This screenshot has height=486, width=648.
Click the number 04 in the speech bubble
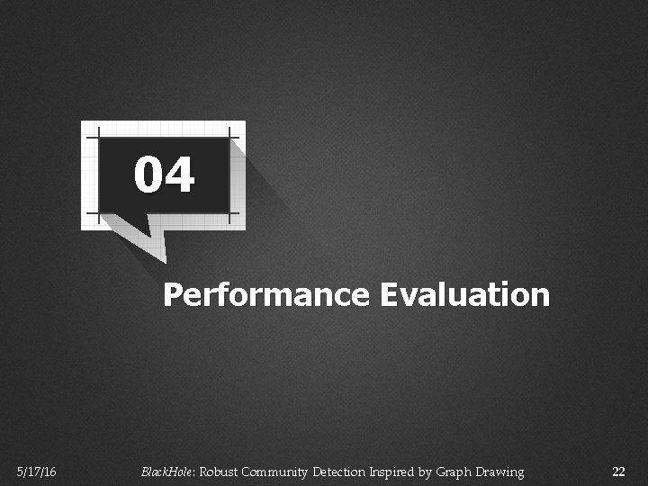click(165, 175)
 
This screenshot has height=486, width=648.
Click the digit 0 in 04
click(149, 175)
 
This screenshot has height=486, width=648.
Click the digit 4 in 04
click(180, 175)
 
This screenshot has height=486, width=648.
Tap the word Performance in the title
click(265, 295)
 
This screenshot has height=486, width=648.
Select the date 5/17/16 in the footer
click(36, 472)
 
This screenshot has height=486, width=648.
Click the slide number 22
click(617, 472)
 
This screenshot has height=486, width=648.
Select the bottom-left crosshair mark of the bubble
click(92, 216)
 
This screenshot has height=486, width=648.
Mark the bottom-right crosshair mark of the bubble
click(234, 216)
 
